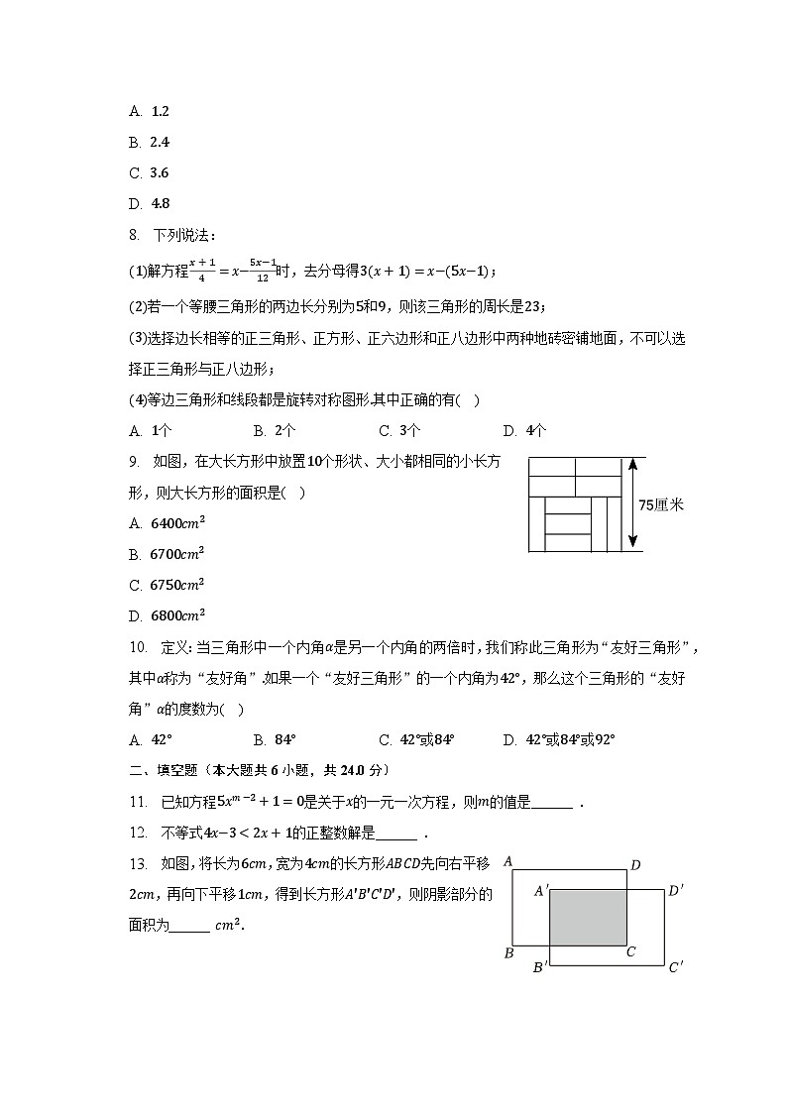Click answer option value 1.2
point(159,112)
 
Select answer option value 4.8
point(159,204)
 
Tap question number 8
point(136,235)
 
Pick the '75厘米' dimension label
point(661,504)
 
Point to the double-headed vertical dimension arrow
point(631,503)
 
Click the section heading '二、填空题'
point(165,770)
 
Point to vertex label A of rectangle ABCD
point(507,861)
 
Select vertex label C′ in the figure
point(676,967)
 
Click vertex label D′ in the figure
point(676,890)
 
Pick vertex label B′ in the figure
point(540,967)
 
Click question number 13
point(138,862)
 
